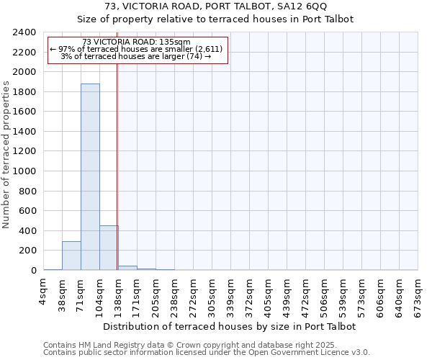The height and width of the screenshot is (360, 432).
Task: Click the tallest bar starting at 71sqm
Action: click(x=90, y=176)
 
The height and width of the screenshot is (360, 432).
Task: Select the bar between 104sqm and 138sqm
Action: click(x=109, y=248)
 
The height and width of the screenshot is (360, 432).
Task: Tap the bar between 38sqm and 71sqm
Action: click(x=71, y=256)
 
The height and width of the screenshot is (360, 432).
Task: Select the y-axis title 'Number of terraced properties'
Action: click(x=6, y=154)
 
